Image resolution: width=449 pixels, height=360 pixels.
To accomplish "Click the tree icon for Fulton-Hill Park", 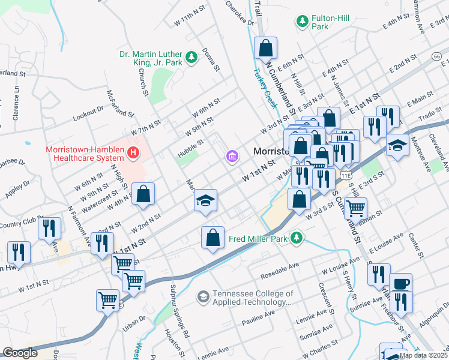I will (302, 22).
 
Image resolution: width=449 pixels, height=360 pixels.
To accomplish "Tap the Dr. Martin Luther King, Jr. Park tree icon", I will (191, 57).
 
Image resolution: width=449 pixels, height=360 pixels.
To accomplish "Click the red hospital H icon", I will (133, 154).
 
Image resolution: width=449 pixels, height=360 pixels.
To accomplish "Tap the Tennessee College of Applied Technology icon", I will (203, 297).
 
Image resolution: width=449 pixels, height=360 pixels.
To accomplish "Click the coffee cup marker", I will (400, 283).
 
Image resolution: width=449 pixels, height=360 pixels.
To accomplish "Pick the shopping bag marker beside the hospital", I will (143, 194).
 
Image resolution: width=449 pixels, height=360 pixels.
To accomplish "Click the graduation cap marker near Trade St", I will (397, 145).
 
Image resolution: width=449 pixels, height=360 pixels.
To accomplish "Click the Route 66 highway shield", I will (437, 56).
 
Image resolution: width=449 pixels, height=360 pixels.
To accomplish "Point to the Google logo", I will (20, 353).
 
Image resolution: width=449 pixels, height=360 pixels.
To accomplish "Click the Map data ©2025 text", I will (423, 355).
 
